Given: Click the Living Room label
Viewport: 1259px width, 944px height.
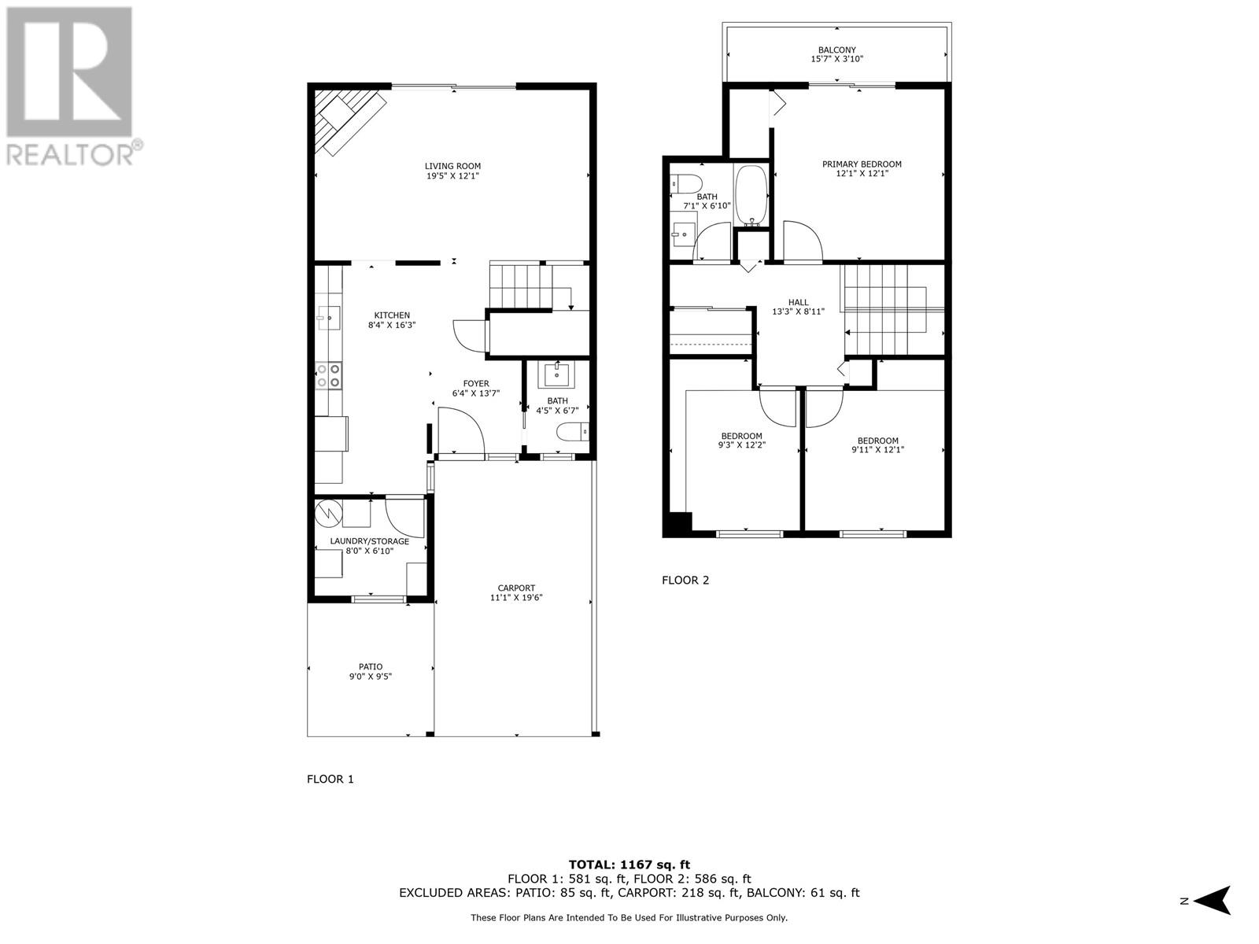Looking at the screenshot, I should click(452, 166).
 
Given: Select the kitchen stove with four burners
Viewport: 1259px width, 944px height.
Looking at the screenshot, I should click(328, 375).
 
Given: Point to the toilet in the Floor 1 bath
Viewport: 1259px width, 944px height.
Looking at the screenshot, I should click(571, 432).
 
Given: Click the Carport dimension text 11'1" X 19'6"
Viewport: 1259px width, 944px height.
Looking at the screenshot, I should click(516, 598).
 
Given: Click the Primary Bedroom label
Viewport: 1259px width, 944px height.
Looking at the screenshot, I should click(862, 164).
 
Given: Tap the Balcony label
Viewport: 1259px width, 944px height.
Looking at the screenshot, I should click(836, 50).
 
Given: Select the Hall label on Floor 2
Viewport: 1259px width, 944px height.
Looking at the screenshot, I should click(798, 302).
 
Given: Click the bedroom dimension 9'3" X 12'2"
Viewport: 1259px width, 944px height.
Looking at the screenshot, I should click(741, 445).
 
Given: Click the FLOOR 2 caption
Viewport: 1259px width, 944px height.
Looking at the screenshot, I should click(685, 581).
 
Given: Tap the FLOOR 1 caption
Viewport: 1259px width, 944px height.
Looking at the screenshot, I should click(330, 779).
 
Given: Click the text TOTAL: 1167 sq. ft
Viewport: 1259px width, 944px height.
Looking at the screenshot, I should click(629, 865).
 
